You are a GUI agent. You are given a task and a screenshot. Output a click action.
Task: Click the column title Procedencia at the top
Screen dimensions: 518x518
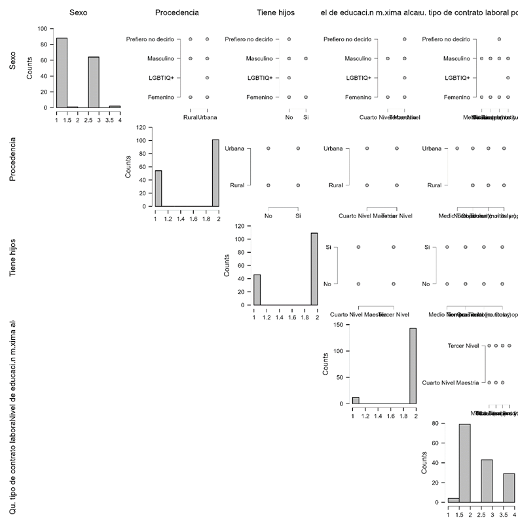[x=177, y=12]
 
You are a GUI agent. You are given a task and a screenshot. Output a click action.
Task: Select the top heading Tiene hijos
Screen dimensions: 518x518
[x=276, y=12]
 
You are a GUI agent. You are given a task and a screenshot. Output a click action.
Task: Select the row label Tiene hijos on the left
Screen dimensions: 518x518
[x=12, y=257]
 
